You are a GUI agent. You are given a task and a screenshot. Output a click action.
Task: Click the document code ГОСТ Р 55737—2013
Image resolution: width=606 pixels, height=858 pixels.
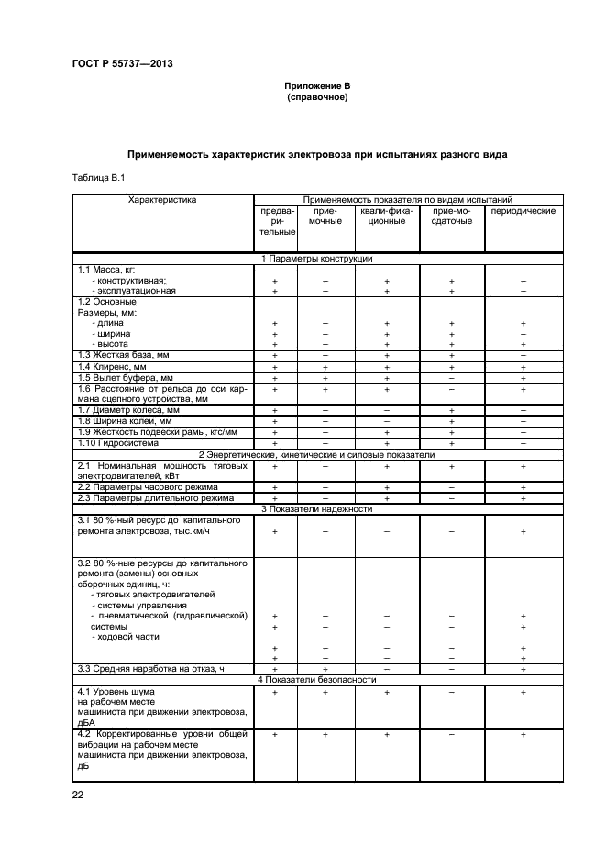[122, 62]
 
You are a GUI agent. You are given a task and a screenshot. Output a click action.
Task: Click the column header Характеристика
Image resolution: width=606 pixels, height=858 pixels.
[162, 198]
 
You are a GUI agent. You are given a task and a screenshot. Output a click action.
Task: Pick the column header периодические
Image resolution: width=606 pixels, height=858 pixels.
[523, 211]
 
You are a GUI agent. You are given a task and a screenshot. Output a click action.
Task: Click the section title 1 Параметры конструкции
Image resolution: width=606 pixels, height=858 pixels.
[317, 260]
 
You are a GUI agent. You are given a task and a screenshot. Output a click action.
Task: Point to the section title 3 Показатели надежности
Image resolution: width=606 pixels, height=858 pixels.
[317, 508]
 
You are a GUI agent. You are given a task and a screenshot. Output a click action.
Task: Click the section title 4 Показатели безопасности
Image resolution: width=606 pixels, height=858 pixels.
[317, 680]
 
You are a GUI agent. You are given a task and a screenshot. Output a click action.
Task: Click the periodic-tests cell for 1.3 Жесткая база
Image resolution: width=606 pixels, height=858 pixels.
[523, 355]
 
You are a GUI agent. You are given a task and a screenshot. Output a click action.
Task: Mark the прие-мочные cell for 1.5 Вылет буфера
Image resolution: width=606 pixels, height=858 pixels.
[325, 377]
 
